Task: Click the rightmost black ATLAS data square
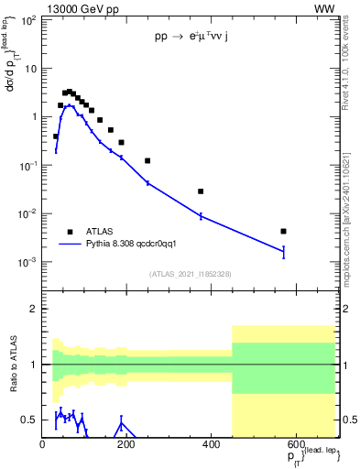tap(284, 231)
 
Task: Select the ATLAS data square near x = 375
tap(201, 191)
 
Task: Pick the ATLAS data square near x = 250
tap(147, 160)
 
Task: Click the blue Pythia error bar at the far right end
tap(284, 252)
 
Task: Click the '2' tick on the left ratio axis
tap(33, 309)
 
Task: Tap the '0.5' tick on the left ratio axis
tap(28, 420)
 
